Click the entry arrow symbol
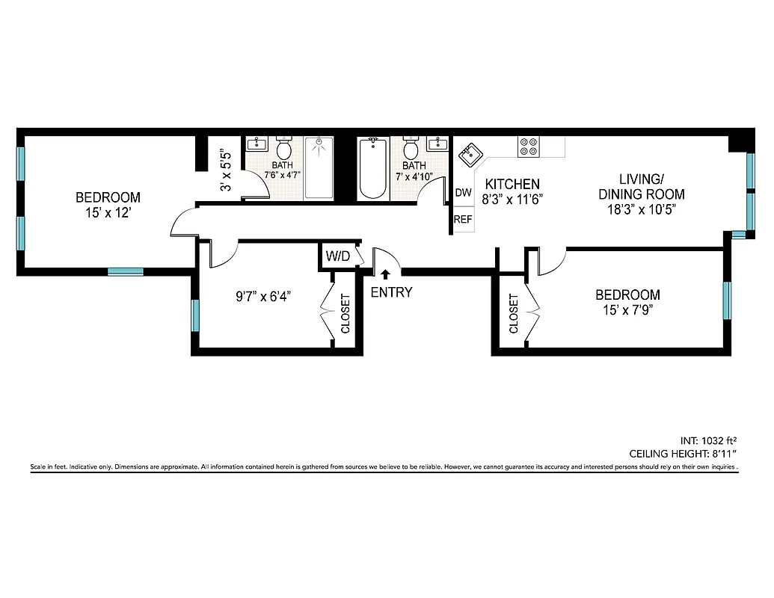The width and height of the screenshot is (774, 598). pyautogui.click(x=386, y=275)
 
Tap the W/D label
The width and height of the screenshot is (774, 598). pyautogui.click(x=337, y=256)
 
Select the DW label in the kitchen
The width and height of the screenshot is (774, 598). pyautogui.click(x=464, y=193)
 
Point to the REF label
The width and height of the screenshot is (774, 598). pyautogui.click(x=464, y=220)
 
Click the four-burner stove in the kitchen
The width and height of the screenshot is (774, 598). pyautogui.click(x=528, y=147)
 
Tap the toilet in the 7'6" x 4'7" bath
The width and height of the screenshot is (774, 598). pyautogui.click(x=284, y=147)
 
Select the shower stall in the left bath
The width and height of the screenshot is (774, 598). pyautogui.click(x=319, y=168)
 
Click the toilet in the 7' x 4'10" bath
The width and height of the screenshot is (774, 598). pyautogui.click(x=411, y=147)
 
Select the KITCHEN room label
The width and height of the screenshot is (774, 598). pyautogui.click(x=512, y=184)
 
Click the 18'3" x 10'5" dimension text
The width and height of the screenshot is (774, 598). pyautogui.click(x=641, y=209)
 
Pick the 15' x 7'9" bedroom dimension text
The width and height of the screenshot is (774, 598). pyautogui.click(x=627, y=309)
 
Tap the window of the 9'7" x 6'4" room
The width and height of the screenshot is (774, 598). pyautogui.click(x=196, y=315)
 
